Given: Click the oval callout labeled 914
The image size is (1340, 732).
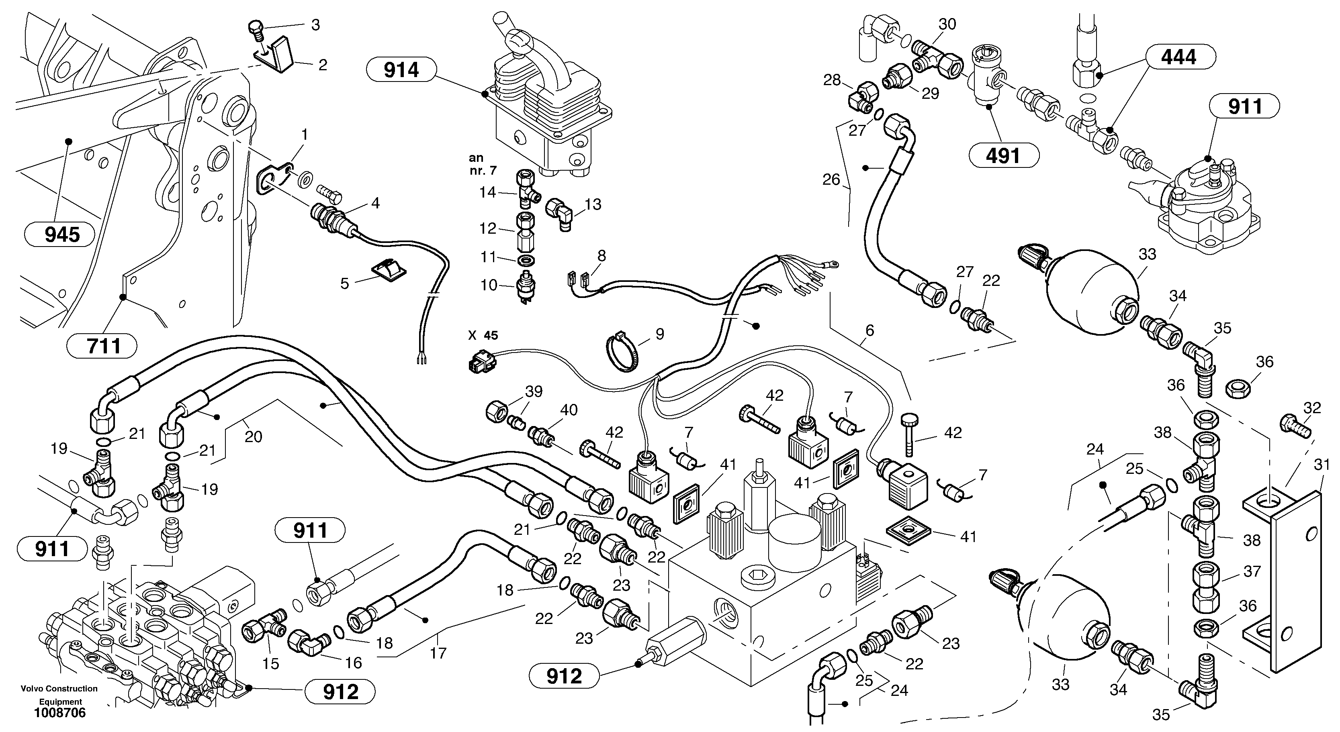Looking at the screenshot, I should (401, 69).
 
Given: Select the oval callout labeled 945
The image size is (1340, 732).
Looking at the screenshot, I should (62, 235).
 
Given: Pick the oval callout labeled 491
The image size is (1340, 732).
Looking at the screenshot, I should (1003, 155).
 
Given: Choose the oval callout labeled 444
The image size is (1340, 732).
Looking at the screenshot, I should (1179, 57).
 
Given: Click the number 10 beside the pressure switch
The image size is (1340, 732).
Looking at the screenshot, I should (489, 285).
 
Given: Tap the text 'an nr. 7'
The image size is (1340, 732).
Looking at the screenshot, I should (482, 164).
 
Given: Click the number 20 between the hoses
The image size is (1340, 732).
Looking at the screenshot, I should (253, 437).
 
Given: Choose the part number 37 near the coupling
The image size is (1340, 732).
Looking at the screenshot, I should (1252, 571).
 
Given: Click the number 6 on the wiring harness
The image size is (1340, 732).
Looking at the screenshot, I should (869, 330).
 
